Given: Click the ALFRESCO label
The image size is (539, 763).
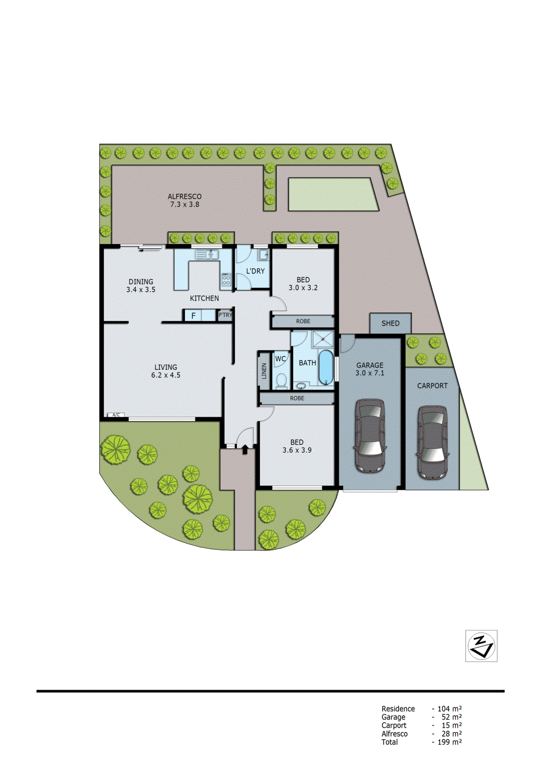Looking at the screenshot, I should [184, 196].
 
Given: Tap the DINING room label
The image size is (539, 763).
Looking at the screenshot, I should [141, 282].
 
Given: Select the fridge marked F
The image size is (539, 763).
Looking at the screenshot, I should [193, 316].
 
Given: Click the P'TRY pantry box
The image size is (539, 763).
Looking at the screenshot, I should [225, 315].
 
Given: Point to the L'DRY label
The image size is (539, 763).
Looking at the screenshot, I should [255, 271].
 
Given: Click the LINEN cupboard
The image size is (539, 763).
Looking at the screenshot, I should [264, 371].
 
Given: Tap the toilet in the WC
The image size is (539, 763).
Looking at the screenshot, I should [282, 380].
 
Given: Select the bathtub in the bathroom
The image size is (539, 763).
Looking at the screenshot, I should [325, 367].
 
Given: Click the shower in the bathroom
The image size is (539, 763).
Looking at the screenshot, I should [323, 339].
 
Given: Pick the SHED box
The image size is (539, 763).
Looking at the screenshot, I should [390, 323].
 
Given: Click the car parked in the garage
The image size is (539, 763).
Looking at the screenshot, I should [370, 435].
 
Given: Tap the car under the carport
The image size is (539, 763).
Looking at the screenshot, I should [432, 442].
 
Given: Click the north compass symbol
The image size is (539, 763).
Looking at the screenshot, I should [481, 646].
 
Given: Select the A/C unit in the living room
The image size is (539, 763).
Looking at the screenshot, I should [116, 415].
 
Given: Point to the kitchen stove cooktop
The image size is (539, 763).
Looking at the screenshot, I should [226, 279].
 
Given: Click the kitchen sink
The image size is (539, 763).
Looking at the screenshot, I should [207, 255].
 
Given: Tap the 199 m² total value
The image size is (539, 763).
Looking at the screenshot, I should [449, 742].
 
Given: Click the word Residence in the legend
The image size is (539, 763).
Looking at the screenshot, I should [398, 709].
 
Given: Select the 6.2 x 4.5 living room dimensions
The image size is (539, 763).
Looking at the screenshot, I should [166, 375].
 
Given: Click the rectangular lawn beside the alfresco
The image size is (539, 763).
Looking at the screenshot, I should [333, 194].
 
